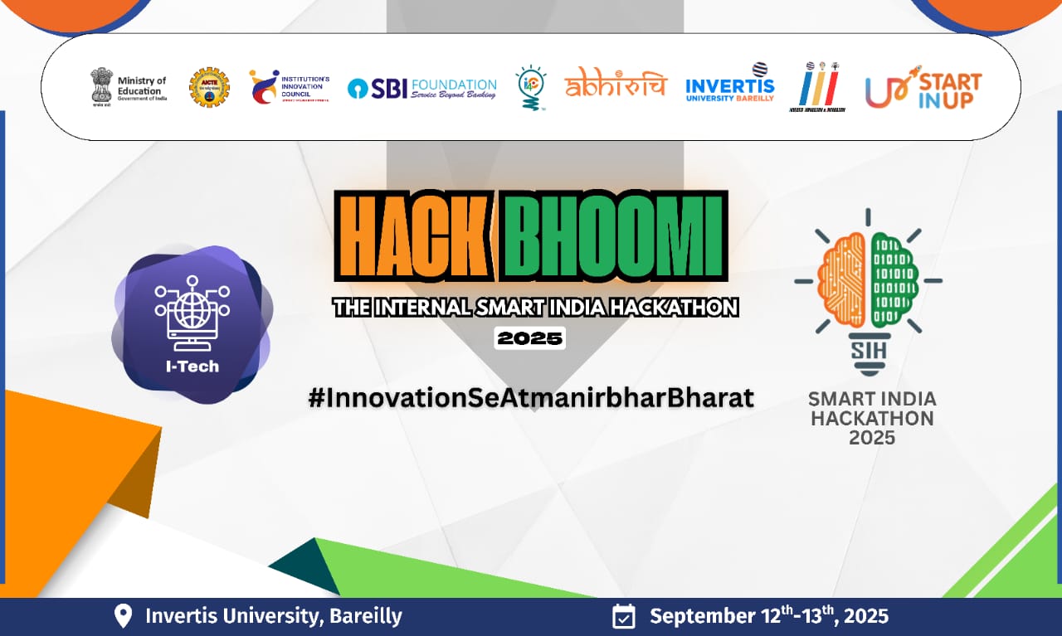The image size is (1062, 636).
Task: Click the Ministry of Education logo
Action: click(x=129, y=86)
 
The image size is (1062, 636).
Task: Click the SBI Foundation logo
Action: click(x=422, y=88)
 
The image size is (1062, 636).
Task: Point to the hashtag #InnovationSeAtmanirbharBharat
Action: click(x=531, y=397)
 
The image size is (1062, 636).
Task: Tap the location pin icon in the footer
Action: click(x=123, y=616)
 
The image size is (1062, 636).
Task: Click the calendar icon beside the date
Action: click(x=623, y=616)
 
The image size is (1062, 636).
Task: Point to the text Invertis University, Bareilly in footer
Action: click(x=273, y=616)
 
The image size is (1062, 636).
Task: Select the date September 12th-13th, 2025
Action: click(x=769, y=616)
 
